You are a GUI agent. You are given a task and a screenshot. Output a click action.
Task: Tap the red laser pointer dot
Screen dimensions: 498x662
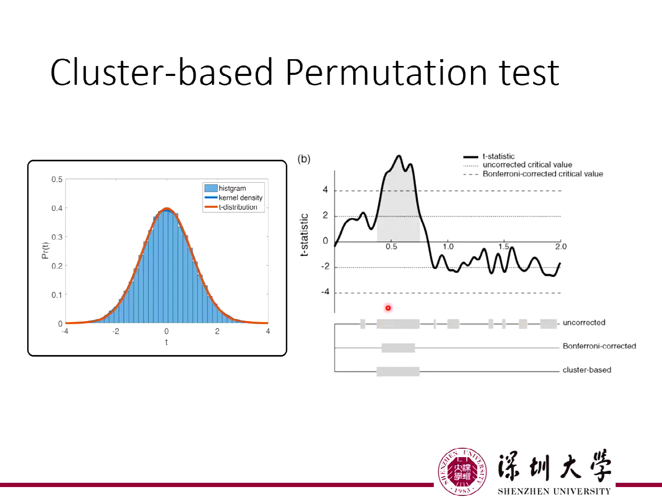pos(388,308)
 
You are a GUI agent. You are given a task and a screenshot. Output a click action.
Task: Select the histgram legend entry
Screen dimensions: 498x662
pos(232,189)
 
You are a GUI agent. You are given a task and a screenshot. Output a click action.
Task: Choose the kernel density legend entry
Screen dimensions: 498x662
pos(240,198)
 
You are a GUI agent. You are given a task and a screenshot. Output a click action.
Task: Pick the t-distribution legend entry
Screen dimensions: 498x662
pos(238,207)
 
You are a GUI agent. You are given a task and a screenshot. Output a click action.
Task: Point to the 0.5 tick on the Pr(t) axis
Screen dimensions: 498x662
pos(57,180)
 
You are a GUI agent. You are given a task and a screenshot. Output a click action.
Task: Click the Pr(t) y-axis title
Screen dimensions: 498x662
pos(46,251)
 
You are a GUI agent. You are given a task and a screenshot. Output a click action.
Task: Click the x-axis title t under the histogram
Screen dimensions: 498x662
pos(166,342)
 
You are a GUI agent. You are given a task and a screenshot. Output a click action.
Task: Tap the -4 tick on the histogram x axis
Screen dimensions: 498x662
pos(65,332)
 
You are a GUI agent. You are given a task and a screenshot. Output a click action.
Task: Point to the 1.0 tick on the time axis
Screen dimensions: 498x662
pos(448,247)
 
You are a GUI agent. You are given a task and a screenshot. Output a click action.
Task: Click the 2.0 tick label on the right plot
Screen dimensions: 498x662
pos(560,247)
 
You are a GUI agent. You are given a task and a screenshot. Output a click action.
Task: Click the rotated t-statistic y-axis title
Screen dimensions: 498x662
pos(304,234)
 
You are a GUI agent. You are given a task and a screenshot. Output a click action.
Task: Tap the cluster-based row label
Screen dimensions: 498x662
pos(587,370)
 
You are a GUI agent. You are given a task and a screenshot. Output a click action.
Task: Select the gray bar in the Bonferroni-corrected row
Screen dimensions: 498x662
pos(398,348)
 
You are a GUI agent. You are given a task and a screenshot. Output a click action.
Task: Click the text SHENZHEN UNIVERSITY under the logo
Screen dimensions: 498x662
pos(554,492)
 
